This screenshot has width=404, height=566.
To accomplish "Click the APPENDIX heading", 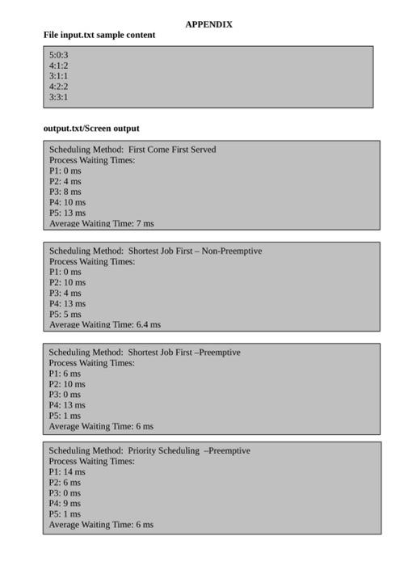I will (x=208, y=24).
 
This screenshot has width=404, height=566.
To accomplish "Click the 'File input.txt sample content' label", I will (x=99, y=35).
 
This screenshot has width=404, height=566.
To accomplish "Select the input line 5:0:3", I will (x=58, y=55).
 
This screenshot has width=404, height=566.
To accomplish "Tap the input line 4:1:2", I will (x=58, y=65).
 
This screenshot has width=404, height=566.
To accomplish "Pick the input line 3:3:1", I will (x=58, y=97).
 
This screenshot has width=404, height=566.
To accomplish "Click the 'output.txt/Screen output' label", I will (x=91, y=128).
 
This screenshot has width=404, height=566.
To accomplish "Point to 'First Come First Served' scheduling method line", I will (x=133, y=150).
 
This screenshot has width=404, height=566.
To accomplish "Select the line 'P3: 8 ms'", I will (x=65, y=192).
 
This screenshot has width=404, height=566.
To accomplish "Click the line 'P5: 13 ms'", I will (x=67, y=213).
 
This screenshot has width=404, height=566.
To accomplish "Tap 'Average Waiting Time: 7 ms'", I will (x=101, y=223).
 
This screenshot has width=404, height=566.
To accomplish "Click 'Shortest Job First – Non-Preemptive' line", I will (x=155, y=251).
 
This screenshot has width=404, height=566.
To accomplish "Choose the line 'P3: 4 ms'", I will (x=65, y=293).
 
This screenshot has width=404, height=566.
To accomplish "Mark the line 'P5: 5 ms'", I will (x=65, y=314).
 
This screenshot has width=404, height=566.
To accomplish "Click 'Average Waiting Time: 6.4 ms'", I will (x=104, y=324).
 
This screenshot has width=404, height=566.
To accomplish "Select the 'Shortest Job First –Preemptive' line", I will (x=145, y=353).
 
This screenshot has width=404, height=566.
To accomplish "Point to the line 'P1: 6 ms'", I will (x=65, y=374).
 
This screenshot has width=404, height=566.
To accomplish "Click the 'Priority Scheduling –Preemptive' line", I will (x=149, y=451).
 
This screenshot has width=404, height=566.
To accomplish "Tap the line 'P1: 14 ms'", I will (x=67, y=471).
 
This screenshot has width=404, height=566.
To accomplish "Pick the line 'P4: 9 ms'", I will (x=65, y=503).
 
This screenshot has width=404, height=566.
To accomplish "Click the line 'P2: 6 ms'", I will (x=65, y=482).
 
